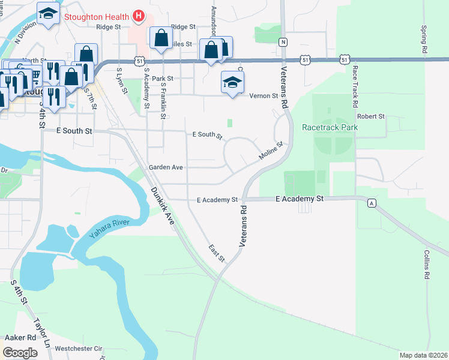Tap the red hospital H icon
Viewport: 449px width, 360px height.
click(x=139, y=14)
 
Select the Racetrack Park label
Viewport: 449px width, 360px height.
click(x=330, y=127)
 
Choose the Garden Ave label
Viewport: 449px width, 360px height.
click(x=166, y=167)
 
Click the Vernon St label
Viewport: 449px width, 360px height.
click(x=264, y=95)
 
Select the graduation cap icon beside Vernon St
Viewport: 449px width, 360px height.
click(x=232, y=82)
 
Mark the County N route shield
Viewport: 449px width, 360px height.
click(x=283, y=41)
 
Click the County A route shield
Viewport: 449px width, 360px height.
click(x=372, y=203)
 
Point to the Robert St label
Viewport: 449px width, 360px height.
click(x=370, y=116)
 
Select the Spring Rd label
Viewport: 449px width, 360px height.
click(x=424, y=40)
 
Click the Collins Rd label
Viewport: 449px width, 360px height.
click(x=426, y=264)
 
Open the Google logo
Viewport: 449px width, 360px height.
click(x=20, y=353)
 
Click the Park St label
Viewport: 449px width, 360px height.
click(x=162, y=79)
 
